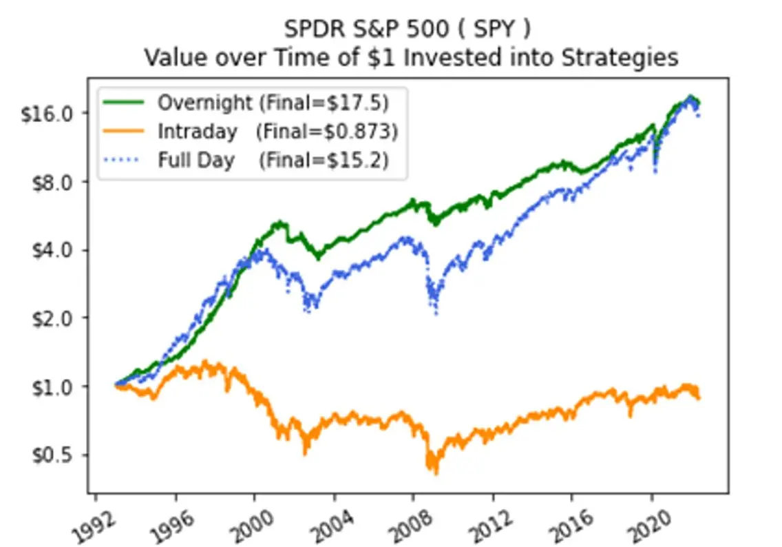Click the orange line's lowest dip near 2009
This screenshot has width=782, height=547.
pos(435,472)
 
